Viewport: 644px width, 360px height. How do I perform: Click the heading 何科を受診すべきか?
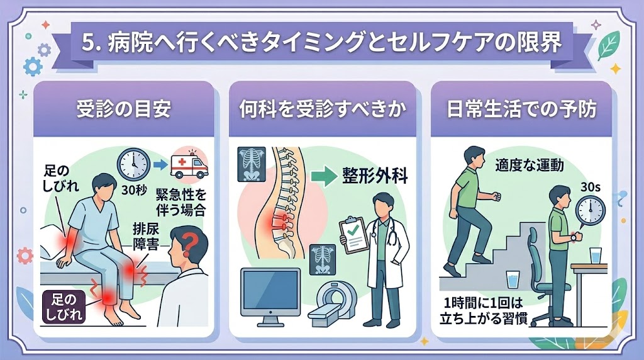point(322,110)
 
